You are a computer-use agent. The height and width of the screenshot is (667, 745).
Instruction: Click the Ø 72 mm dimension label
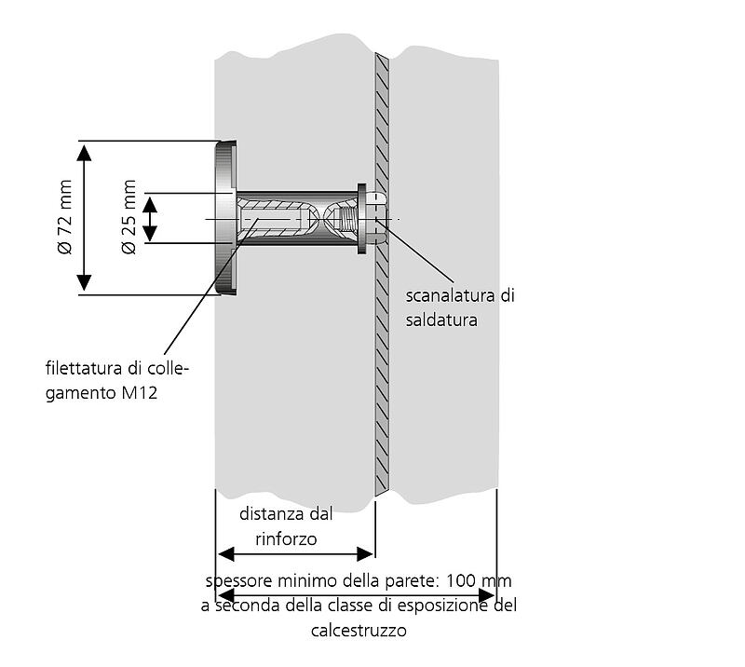pyautogui.click(x=64, y=220)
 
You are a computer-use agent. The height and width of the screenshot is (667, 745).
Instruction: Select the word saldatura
pyautogui.click(x=441, y=320)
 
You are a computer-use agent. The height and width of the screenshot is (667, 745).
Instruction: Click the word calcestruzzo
pyautogui.click(x=359, y=630)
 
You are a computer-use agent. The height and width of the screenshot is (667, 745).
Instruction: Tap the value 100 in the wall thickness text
pyautogui.click(x=463, y=581)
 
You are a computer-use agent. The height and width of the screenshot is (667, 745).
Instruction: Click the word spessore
pyautogui.click(x=238, y=581)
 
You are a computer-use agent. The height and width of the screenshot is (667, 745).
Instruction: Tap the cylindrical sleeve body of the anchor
pyautogui.click(x=298, y=220)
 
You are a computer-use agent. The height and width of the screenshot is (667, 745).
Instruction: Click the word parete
pyautogui.click(x=370, y=581)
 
